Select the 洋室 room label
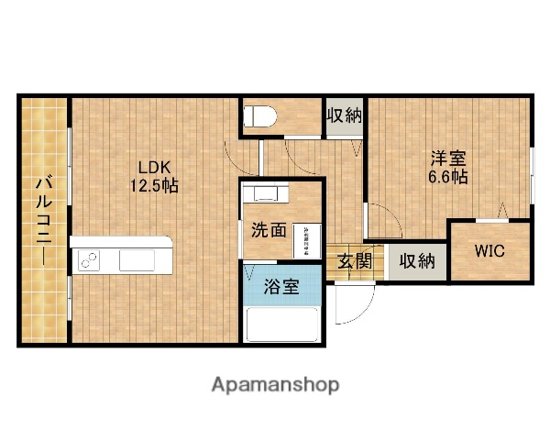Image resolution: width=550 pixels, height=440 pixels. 448,158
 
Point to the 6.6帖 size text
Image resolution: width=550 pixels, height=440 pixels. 448,176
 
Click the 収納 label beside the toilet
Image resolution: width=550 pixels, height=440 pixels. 345,115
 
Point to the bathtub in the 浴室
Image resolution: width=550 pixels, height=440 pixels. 283,324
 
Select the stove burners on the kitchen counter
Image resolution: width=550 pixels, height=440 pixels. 90,260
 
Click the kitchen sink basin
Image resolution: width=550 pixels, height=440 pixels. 138,260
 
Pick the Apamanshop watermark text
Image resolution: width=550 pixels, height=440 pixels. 275,385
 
